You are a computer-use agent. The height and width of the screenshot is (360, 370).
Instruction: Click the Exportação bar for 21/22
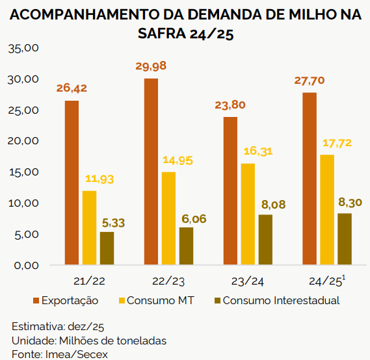click(72, 183)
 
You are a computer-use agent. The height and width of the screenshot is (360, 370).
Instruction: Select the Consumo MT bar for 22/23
click(168, 218)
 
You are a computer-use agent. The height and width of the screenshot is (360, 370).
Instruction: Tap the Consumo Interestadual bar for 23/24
click(266, 240)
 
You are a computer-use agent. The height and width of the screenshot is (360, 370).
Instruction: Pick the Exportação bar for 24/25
click(310, 179)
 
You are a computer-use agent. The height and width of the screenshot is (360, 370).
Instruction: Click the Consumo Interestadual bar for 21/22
click(107, 248)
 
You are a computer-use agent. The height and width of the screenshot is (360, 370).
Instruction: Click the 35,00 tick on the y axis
click(23, 48)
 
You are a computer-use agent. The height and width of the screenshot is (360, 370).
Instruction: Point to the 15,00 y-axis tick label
click(23, 172)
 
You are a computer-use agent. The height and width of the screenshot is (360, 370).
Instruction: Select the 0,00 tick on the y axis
click(26, 265)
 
